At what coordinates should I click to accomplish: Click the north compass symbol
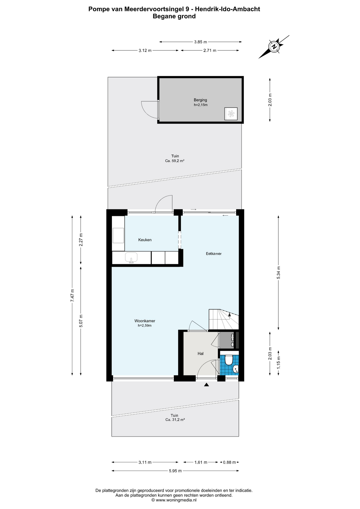(x=274, y=47)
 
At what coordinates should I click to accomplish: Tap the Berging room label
(x=200, y=100)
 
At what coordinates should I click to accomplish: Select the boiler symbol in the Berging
(x=231, y=114)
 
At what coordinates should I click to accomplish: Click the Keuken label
(x=145, y=240)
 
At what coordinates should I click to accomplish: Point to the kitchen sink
(x=131, y=257)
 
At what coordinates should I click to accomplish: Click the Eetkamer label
(x=214, y=254)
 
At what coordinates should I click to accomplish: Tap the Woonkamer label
(x=144, y=321)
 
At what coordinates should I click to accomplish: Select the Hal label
(x=200, y=354)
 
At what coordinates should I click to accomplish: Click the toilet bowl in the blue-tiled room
(x=228, y=360)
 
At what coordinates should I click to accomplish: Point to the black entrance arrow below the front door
(x=207, y=385)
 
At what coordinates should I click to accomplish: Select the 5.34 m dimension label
(x=278, y=272)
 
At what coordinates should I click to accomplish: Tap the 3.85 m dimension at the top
(x=200, y=42)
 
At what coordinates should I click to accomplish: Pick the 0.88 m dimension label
(x=229, y=462)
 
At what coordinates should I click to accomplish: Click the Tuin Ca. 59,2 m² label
(x=175, y=159)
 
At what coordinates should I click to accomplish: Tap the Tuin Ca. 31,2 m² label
(x=175, y=418)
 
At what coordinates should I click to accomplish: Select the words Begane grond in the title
(x=174, y=16)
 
